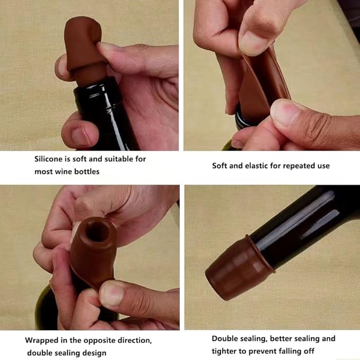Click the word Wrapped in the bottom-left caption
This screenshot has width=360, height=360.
pyautogui.click(x=41, y=340)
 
